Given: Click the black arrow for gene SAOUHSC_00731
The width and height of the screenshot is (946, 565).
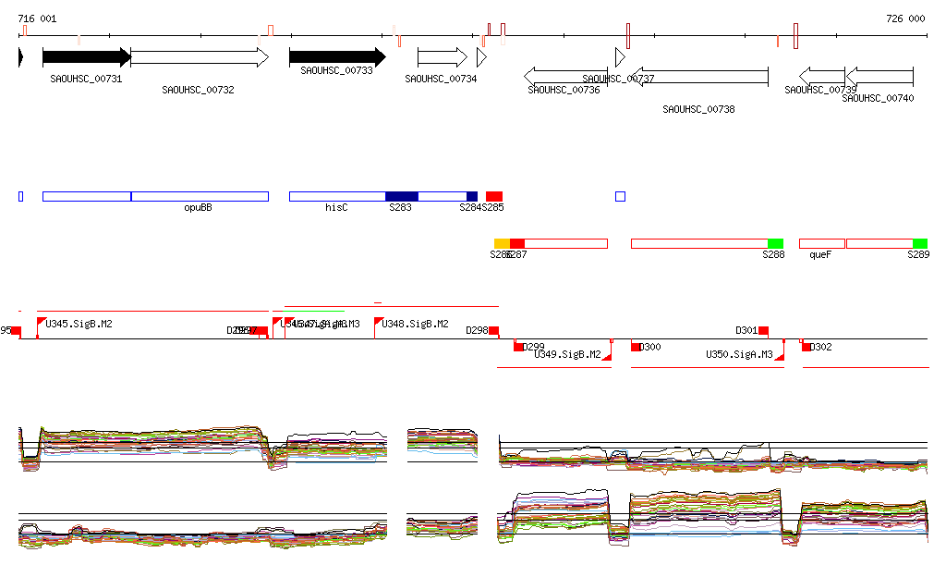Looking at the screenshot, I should [x=87, y=57].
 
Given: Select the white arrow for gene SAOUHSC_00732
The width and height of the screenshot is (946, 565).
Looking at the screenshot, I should [x=200, y=57].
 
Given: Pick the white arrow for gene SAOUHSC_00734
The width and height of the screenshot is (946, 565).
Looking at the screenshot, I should [x=443, y=57].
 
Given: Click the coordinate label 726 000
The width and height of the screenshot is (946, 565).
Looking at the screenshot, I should [x=905, y=18].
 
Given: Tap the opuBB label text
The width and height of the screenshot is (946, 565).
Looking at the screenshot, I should [x=198, y=208].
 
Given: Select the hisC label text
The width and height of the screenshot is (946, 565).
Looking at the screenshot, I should [x=336, y=208].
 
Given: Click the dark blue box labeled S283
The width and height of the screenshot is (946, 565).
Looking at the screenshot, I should [x=401, y=196].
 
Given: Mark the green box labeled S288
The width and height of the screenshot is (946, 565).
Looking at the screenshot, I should [x=775, y=243].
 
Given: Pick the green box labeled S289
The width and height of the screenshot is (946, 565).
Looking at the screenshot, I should [x=920, y=243].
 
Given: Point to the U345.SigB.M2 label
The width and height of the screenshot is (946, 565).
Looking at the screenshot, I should [x=79, y=325].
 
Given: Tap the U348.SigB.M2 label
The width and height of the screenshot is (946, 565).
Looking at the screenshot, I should [x=416, y=325].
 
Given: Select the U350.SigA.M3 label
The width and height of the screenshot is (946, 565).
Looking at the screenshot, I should [x=739, y=355].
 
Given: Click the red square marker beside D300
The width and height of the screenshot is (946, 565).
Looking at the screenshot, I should [x=637, y=347].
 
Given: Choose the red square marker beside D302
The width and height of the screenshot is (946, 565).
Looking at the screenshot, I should [x=807, y=347].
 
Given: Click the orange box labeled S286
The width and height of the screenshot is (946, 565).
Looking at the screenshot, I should [x=502, y=243].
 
